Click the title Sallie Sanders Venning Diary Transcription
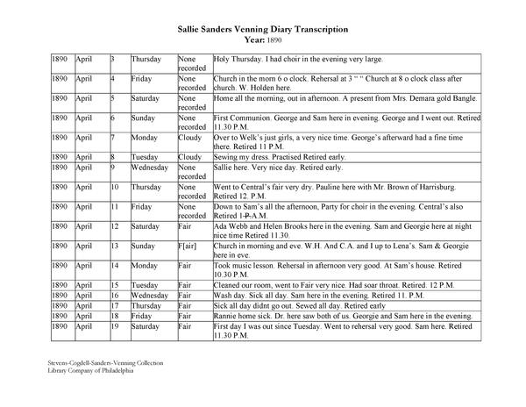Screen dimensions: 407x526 [x=262, y=29]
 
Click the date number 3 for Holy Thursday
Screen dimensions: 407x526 [x=112, y=59]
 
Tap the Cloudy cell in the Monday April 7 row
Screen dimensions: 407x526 [x=190, y=137]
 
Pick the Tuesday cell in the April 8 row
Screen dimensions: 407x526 [x=146, y=155]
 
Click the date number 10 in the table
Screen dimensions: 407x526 [x=115, y=186]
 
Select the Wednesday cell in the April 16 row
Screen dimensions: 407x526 [x=151, y=296]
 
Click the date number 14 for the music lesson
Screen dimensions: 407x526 [x=115, y=266]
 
